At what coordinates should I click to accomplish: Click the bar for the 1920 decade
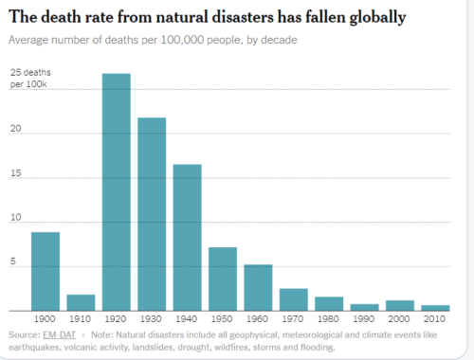point(117,192)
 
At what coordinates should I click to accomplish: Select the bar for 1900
point(46,272)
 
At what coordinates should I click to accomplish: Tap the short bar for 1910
point(81,303)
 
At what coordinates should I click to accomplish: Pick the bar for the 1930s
point(152,214)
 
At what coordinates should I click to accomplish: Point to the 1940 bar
point(188,238)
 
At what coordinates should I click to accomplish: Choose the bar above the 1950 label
point(223,279)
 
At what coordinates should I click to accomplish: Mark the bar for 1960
point(258,288)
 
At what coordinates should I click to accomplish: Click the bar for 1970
point(294,299)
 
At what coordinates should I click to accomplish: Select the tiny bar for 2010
point(435,308)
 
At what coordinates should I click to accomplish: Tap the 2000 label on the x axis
point(399,318)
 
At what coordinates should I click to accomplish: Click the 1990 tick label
point(364,318)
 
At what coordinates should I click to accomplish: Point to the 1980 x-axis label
point(328,318)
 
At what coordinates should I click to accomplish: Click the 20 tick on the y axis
point(15,129)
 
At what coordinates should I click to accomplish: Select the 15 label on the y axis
point(15,173)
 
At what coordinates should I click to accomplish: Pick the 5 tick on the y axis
point(13,261)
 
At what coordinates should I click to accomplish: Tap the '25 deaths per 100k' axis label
point(30,79)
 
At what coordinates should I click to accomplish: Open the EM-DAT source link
point(60,334)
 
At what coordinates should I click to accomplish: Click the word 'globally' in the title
point(377,18)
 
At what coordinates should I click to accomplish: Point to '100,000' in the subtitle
point(182,40)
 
